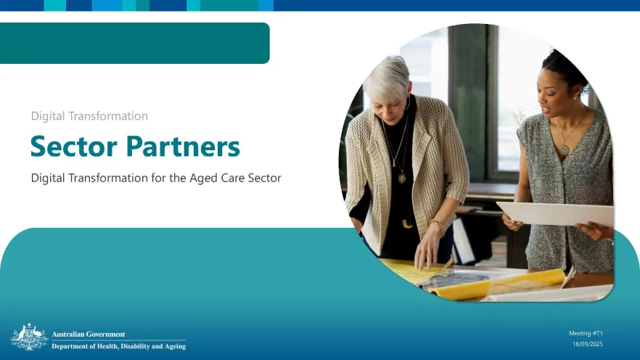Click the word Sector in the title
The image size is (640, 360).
tap(74, 146)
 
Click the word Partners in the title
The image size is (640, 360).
tap(183, 146)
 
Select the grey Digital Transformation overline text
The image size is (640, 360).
tap(89, 116)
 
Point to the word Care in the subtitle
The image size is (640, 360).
tap(233, 178)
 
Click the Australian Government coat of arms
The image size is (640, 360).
tap(29, 337)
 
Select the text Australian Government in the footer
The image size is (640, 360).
tap(89, 334)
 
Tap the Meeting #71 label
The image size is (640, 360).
tap(586, 333)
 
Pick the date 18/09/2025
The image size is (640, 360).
tap(587, 344)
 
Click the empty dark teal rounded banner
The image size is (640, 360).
tap(135, 44)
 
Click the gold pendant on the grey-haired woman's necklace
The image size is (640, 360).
tap(402, 178)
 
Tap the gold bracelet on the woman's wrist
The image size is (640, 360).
tap(438, 227)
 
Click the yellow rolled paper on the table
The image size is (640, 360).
tap(499, 284)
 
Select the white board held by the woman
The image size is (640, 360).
tap(556, 213)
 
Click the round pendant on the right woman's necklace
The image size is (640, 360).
tap(564, 150)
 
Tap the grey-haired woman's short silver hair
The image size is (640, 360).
tap(387, 77)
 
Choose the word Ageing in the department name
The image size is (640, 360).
tap(175, 346)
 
